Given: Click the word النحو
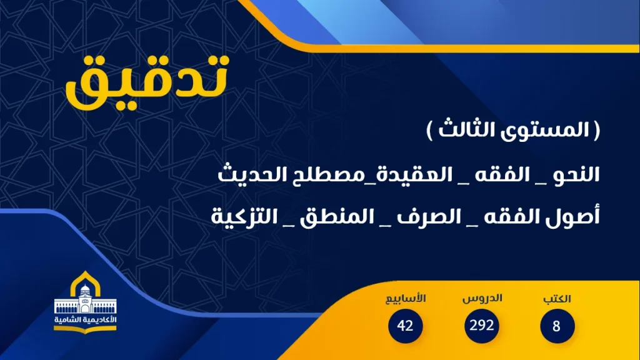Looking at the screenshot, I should tap(574, 176).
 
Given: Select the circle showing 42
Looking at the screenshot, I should tap(405, 326).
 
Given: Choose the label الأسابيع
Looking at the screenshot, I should tap(405, 299).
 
